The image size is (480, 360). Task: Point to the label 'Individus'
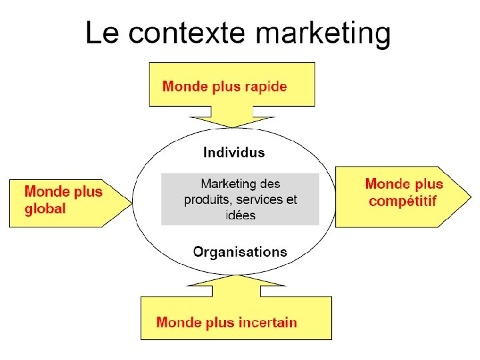pos(233,153)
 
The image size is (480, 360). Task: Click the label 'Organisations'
pos(240,252)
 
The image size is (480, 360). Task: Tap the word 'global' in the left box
pos(45,209)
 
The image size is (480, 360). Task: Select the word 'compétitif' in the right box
pos(402,201)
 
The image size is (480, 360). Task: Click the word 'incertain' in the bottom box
pos(264,323)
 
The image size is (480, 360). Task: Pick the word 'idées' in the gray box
pos(240,215)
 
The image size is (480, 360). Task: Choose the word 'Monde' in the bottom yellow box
pos(176,323)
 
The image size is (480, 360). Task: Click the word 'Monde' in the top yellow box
pos(183,86)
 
